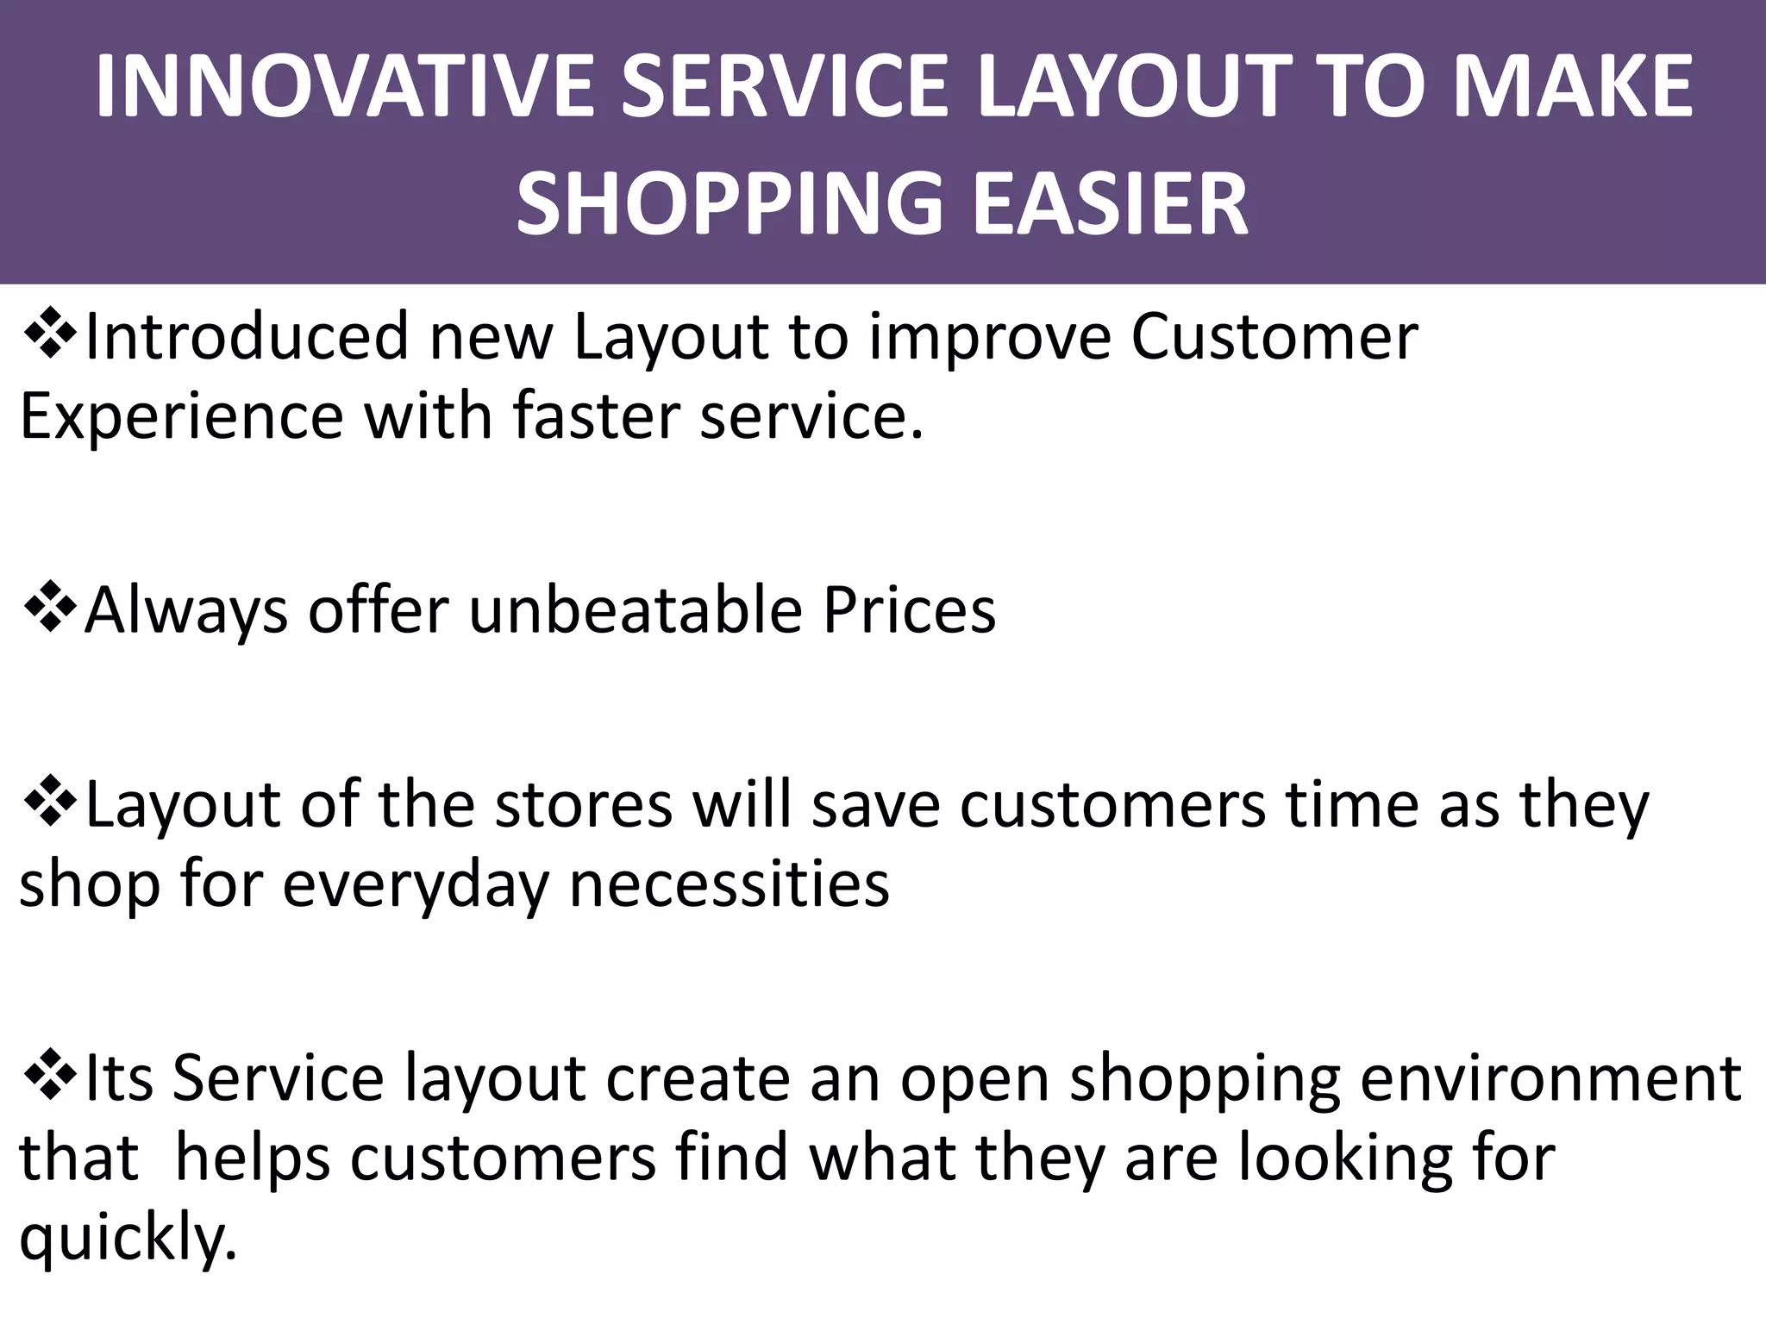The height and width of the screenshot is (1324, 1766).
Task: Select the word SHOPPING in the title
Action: pyautogui.click(x=730, y=203)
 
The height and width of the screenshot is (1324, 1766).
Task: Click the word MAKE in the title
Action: pyautogui.click(x=1573, y=86)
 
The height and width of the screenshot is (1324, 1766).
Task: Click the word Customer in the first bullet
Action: pyautogui.click(x=1274, y=336)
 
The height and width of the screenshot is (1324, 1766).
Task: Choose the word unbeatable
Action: pyautogui.click(x=636, y=610)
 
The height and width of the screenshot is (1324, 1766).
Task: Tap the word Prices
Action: pyautogui.click(x=909, y=610)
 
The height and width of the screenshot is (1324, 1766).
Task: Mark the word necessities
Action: pyautogui.click(x=730, y=884)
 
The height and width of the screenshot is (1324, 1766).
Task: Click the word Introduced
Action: pyautogui.click(x=247, y=336)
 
